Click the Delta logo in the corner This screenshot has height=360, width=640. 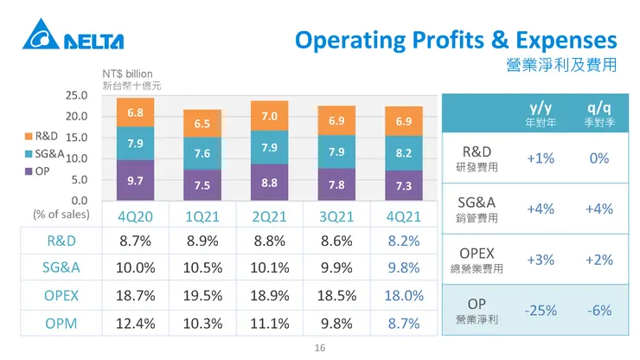coord(74,39)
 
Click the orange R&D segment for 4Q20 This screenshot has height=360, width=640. coord(135,112)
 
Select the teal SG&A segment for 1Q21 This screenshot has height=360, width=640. coord(202,153)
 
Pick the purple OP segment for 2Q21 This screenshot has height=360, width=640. coord(269,183)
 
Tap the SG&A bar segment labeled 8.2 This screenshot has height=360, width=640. coord(403,152)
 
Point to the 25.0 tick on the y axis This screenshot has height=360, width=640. coord(77,95)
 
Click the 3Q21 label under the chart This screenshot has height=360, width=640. coord(336,216)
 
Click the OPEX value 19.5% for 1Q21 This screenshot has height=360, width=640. coord(202,295)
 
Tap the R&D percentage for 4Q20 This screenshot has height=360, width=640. coord(135,240)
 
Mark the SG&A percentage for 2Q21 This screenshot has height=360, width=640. coord(269,267)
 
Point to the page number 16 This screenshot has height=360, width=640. coord(319,347)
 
